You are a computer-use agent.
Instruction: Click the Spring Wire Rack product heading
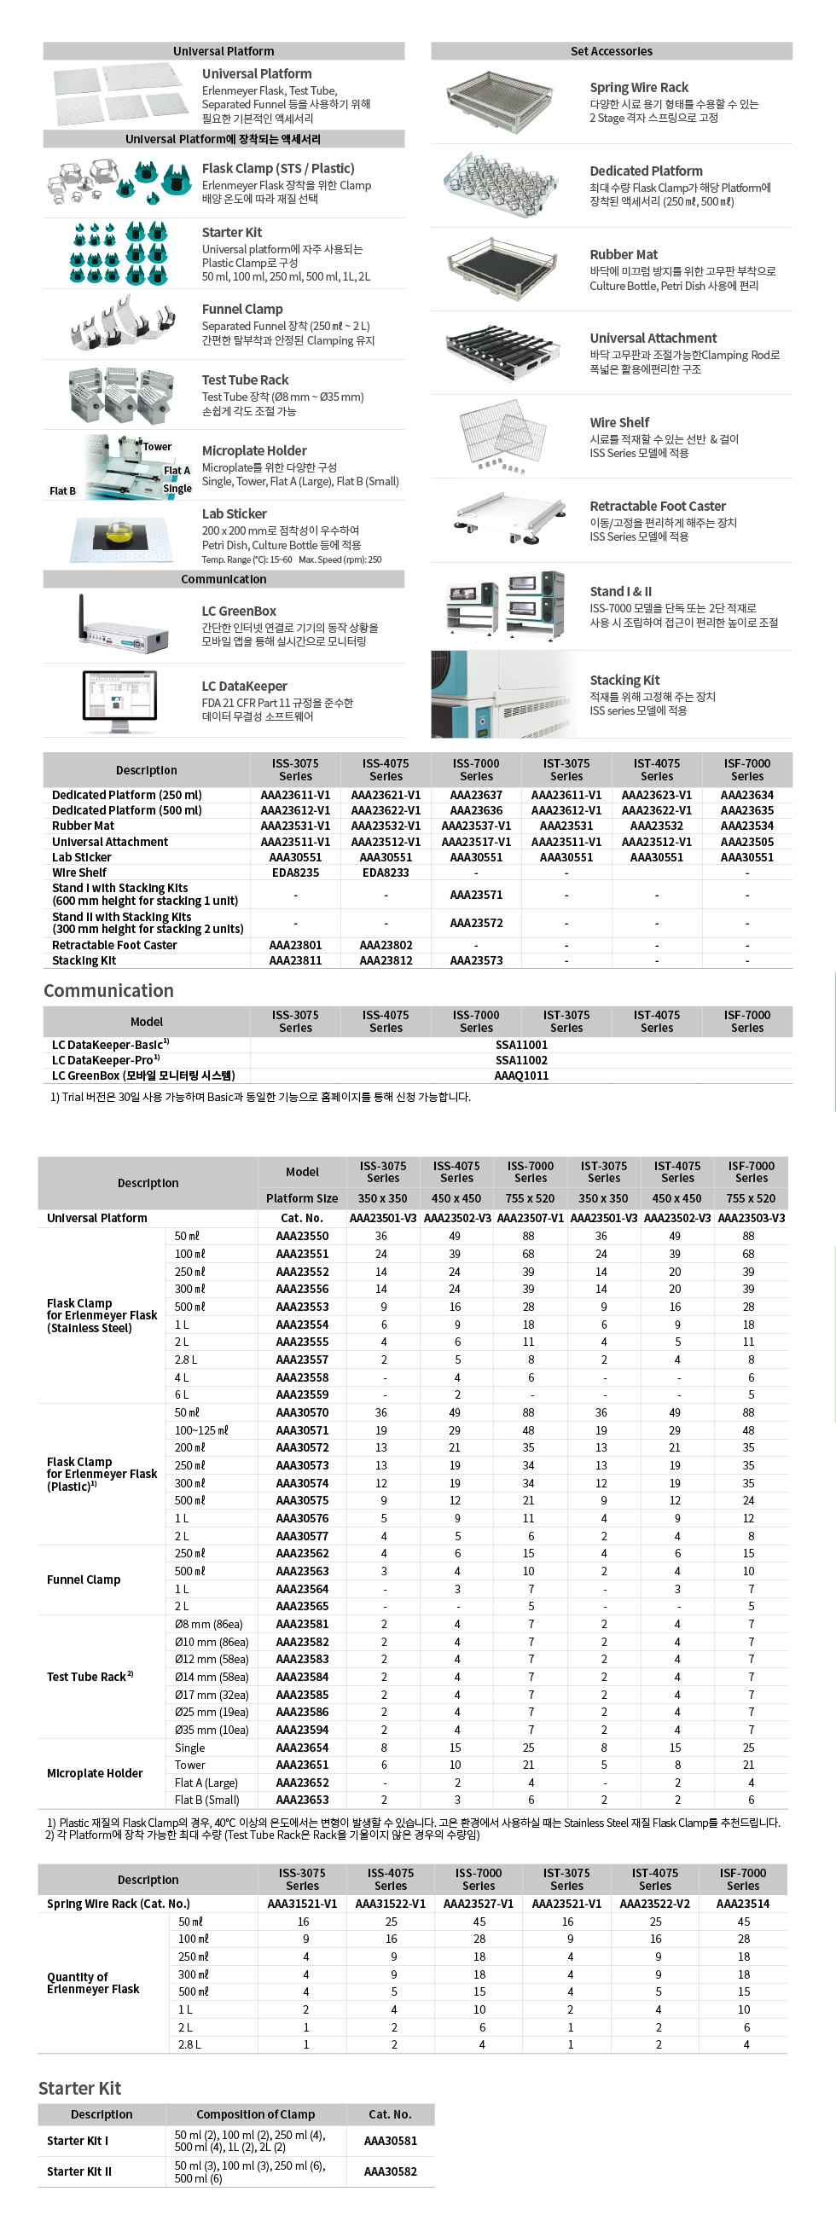638,88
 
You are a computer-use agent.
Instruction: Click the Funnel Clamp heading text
241,310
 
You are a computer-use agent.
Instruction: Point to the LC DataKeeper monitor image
119,701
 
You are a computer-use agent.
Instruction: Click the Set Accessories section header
611,51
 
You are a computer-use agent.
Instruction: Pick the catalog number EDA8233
386,873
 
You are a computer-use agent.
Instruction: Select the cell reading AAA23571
476,894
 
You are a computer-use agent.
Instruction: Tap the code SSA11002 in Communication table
520,1059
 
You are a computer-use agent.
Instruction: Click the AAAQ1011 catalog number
520,1075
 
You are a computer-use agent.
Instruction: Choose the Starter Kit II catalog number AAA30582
390,2171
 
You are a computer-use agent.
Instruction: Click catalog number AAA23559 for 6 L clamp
301,1394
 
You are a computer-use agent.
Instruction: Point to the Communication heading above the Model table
108,990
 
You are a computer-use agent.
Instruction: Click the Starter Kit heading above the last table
79,2088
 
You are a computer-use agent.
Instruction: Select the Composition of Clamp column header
256,2114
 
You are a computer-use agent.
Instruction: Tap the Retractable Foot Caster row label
114,945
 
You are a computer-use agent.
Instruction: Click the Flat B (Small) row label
206,1800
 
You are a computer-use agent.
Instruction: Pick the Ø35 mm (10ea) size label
212,1730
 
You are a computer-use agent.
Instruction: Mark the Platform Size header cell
301,1198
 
